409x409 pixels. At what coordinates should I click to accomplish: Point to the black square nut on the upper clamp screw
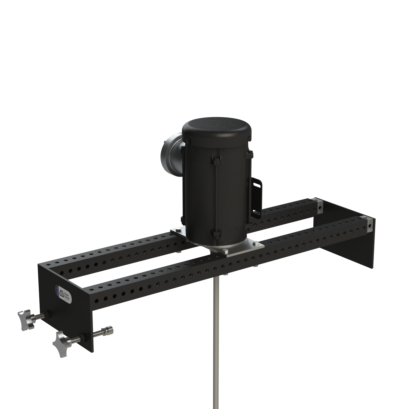[x=48, y=314]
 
